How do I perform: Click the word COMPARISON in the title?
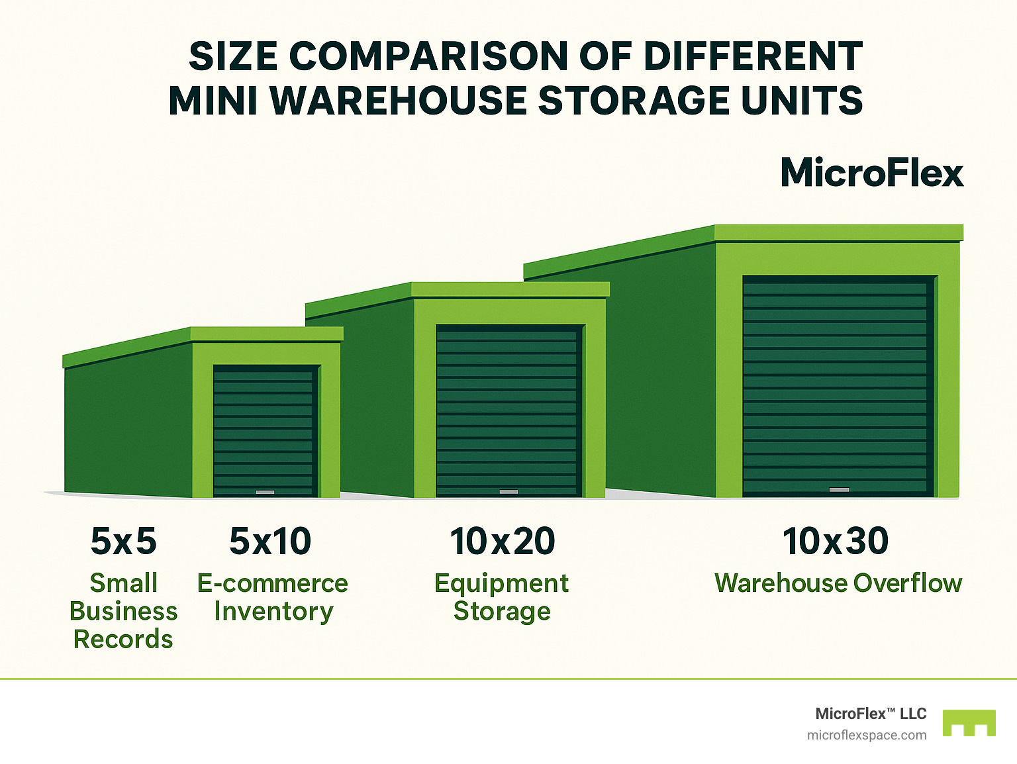(428, 56)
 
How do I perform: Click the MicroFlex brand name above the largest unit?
(871, 173)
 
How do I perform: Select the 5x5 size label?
(123, 541)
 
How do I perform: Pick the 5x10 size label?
(270, 541)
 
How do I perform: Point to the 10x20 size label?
(503, 541)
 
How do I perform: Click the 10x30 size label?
(836, 541)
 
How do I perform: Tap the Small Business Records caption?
(123, 611)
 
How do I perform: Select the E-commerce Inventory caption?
(273, 597)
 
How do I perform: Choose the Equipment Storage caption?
(502, 597)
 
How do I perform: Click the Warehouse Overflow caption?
(838, 583)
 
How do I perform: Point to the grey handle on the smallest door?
(265, 493)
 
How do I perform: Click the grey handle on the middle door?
(508, 492)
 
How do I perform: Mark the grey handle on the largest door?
(839, 490)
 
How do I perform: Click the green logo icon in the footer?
(969, 723)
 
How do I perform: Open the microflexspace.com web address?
(867, 736)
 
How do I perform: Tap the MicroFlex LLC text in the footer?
(871, 714)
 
